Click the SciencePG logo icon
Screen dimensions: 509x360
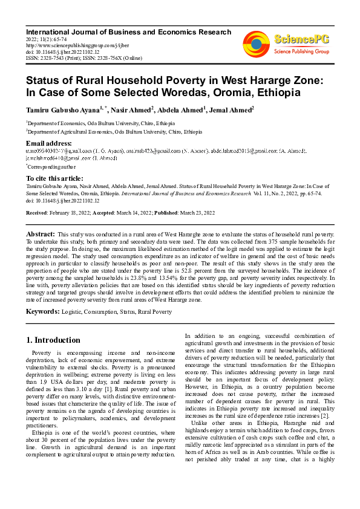(x=256, y=44)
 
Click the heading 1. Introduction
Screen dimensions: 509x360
(x=54, y=340)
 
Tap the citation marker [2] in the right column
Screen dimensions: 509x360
(x=325, y=415)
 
